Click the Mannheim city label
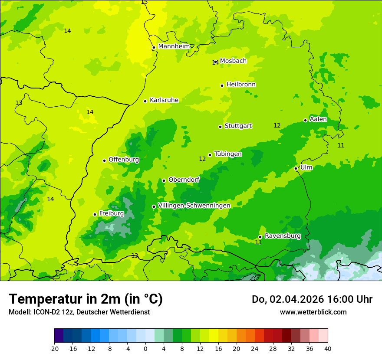click(174, 46)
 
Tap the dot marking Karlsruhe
click(145, 101)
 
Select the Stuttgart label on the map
click(238, 126)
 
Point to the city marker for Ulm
click(296, 168)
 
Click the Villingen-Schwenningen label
click(194, 206)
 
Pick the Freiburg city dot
click(95, 214)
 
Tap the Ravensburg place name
click(282, 236)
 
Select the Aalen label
click(318, 119)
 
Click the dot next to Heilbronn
click(222, 85)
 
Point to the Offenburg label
click(124, 160)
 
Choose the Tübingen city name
click(228, 154)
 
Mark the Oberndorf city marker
click(164, 180)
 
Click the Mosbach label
click(233, 61)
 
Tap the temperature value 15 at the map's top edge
click(144, 2)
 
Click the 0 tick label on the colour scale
click(145, 349)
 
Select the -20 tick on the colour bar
click(54, 349)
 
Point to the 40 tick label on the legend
click(328, 349)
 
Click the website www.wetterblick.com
click(313, 312)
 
